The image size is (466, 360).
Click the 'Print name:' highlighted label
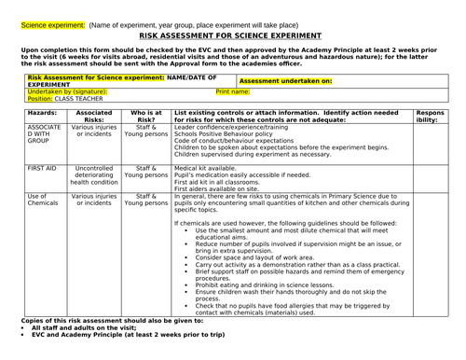[232, 92]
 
